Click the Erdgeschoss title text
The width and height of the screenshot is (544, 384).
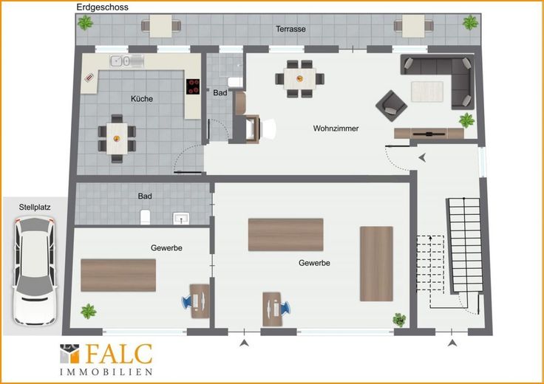tap(102, 7)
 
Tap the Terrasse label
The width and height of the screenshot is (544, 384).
tap(290, 29)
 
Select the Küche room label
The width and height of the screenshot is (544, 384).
tap(142, 99)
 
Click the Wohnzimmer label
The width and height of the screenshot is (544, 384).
tap(336, 128)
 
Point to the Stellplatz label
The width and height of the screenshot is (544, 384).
tap(35, 208)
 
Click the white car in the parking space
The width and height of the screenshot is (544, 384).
tap(34, 271)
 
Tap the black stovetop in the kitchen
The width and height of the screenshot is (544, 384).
tap(193, 86)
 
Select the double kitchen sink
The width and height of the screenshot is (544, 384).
tap(126, 61)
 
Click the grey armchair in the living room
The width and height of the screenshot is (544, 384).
tap(391, 106)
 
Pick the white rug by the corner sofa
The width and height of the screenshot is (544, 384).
tap(427, 92)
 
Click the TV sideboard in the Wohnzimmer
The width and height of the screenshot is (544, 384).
tap(429, 134)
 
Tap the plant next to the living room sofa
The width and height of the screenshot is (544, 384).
tap(466, 120)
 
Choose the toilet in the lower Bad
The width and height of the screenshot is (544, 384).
tap(145, 217)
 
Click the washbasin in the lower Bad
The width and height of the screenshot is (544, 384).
tap(181, 219)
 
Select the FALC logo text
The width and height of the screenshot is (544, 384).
tap(119, 354)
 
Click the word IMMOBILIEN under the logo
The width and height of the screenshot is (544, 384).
tap(106, 372)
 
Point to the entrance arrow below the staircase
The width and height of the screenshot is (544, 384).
tap(452, 343)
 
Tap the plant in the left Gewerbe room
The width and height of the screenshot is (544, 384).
tap(89, 311)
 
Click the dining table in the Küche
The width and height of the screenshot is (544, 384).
tap(117, 139)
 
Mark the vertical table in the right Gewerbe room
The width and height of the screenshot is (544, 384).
tap(376, 264)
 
